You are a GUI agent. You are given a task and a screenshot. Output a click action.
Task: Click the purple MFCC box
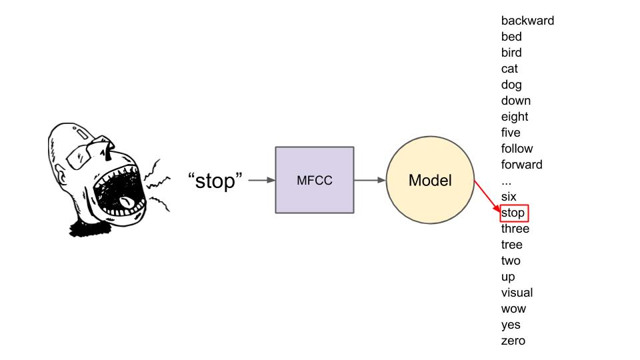coord(314,179)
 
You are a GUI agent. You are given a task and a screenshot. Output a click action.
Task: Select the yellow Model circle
coord(430,180)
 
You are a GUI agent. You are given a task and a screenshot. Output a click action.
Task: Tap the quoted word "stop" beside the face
coord(215,180)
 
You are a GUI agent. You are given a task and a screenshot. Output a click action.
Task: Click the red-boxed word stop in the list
coord(513,213)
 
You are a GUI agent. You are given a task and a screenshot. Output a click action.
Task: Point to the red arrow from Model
coord(487,197)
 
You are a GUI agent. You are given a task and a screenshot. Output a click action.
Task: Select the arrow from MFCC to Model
coord(370,180)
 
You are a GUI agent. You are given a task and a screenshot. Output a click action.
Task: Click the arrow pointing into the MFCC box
coord(261,180)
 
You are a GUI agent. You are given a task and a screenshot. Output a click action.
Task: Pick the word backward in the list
coord(527,21)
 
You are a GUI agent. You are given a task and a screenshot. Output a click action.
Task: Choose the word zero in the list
coord(513,341)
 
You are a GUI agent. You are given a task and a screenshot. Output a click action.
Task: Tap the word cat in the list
coord(509,69)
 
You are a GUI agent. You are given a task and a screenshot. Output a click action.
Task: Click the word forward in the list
coord(521,165)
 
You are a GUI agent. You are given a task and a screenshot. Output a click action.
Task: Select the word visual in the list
coord(517,293)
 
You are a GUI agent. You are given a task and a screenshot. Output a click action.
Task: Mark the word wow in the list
coord(513,309)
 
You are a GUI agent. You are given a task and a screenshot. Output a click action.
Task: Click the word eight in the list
coord(514,117)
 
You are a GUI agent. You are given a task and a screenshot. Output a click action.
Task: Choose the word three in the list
coord(515,229)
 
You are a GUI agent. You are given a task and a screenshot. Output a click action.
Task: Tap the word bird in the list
coord(511,53)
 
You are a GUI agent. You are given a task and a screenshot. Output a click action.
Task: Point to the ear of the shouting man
coord(63,177)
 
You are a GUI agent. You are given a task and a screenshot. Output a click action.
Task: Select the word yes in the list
coord(511,325)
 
